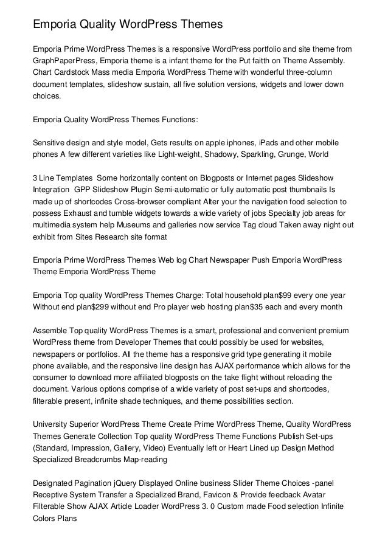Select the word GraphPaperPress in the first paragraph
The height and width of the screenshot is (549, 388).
click(x=64, y=61)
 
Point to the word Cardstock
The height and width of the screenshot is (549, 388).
click(x=77, y=73)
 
